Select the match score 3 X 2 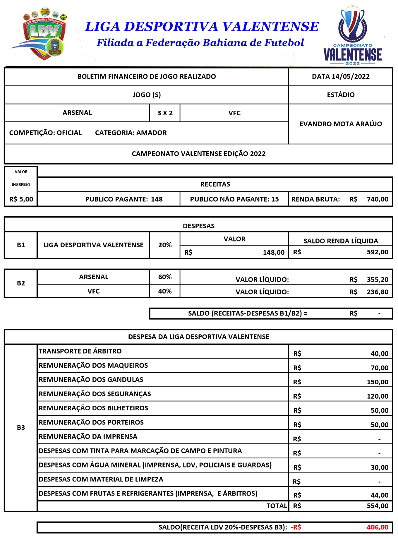click(x=165, y=113)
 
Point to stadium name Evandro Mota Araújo click(x=340, y=124)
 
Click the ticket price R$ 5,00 click(x=21, y=199)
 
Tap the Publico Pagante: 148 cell click(x=124, y=199)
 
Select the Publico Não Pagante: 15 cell click(x=234, y=199)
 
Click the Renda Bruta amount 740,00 click(x=378, y=199)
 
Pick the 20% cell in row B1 click(x=165, y=245)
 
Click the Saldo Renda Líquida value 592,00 click(x=378, y=252)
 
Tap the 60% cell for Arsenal click(x=165, y=277)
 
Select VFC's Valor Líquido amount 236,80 click(x=378, y=292)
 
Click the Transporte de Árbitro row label click(x=80, y=351)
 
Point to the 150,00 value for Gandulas click(x=378, y=382)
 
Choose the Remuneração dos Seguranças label click(x=95, y=394)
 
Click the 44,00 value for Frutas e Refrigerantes click(x=379, y=495)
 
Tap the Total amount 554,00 click(x=378, y=506)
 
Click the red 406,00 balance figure click(x=378, y=527)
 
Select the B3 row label click(x=21, y=428)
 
